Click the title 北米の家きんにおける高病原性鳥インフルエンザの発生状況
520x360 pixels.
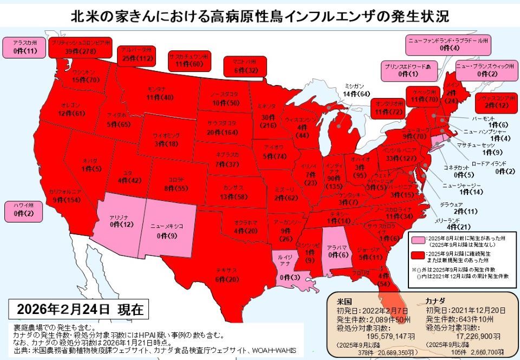coord(260,15)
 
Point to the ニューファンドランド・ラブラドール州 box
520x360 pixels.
coord(449,44)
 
